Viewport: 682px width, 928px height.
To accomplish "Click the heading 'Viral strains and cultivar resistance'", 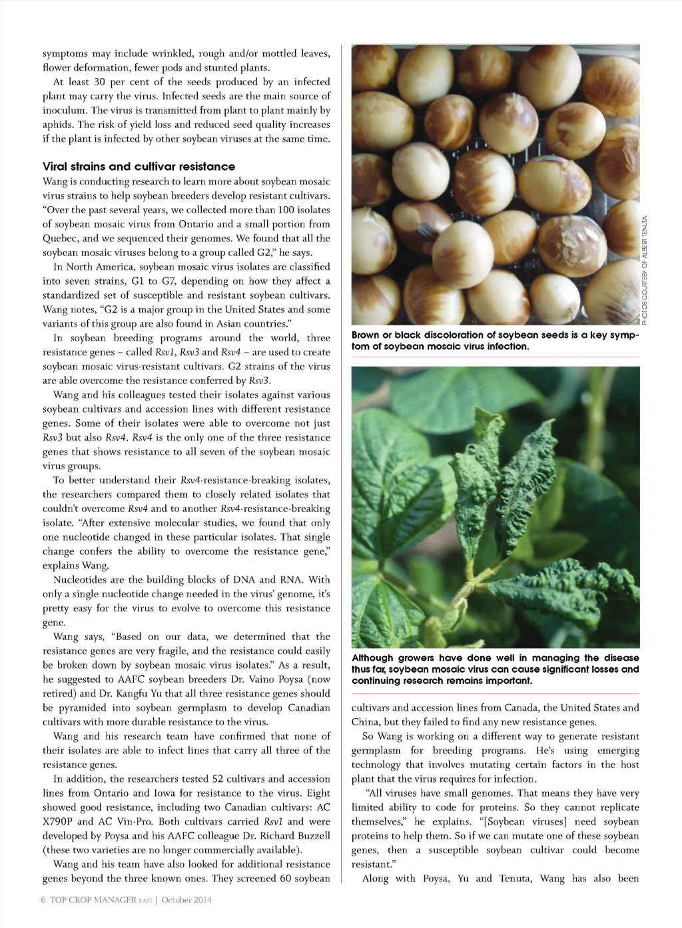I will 139,167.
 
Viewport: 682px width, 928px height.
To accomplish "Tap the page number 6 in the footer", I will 43,900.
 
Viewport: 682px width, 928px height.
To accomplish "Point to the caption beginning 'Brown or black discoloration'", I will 495,341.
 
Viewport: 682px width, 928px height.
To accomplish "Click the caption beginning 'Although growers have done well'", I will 495,669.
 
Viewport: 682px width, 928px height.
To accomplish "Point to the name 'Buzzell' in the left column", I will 310,836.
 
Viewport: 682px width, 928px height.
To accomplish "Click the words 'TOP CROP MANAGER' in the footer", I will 93,900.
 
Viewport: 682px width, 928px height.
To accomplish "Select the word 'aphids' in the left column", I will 58,125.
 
